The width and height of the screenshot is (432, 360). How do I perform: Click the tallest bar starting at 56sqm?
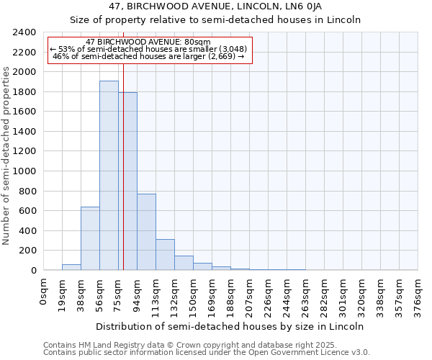point(109,176)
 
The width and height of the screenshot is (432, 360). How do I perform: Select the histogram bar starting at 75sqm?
point(127,181)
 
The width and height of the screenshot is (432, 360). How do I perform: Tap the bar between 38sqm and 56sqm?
point(90,238)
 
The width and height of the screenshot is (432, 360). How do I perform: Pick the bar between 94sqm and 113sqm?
point(146,232)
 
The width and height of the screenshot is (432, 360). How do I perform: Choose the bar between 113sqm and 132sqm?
point(165,255)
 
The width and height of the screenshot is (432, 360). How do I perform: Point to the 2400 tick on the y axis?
point(26,32)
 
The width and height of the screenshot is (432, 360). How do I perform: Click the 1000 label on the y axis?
point(26,171)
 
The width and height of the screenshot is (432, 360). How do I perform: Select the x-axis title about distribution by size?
point(229,326)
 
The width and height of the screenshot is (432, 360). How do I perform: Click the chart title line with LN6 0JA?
point(215,6)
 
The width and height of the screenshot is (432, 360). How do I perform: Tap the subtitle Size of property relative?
point(215,20)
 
